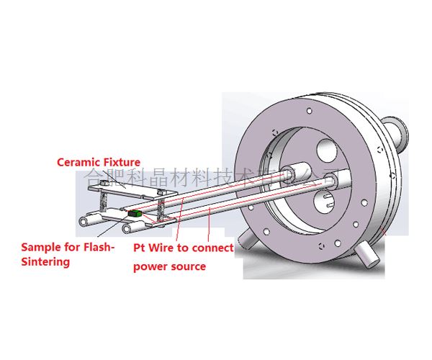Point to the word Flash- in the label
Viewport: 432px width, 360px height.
[x=96, y=247]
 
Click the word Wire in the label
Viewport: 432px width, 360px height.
[x=165, y=248]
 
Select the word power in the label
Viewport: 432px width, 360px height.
[x=151, y=266]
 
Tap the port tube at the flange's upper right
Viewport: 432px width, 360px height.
[x=395, y=132]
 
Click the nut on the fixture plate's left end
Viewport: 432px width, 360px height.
[x=107, y=185]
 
